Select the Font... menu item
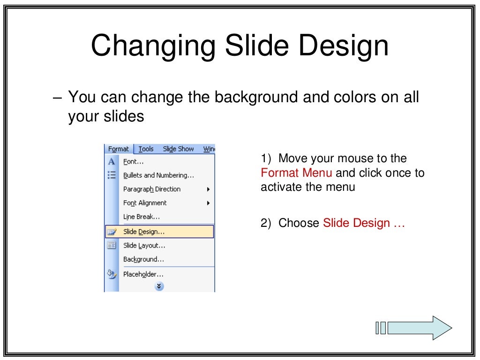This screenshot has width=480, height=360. pos(133,162)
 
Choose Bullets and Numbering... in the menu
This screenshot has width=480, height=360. pos(158,175)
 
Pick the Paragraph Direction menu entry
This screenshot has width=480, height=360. pos(151,189)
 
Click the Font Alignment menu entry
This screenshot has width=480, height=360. pos(145,203)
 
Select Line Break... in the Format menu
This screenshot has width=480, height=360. pos(142,217)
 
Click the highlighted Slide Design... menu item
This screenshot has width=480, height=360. pos(144,232)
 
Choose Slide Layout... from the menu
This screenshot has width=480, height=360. pos(144,246)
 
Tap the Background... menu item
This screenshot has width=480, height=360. pos(143,259)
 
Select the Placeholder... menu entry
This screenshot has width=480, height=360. pos(143,274)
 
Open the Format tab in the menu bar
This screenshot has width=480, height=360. pos(119,149)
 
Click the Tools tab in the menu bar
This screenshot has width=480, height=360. pos(146,149)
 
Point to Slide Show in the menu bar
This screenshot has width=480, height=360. pos(178,149)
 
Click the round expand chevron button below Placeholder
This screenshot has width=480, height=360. pos(159,286)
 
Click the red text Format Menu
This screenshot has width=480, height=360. pos(296,173)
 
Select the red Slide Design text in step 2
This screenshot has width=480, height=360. pos(356,223)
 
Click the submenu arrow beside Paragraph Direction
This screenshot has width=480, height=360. pos(208,189)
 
